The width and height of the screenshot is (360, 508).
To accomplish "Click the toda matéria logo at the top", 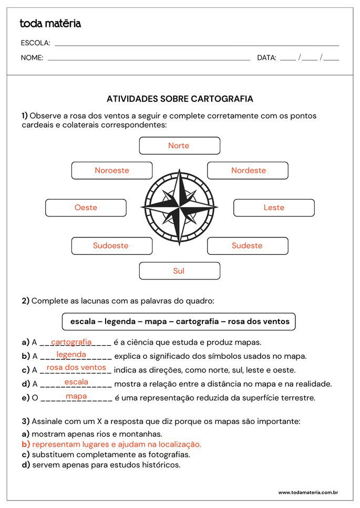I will pos(50,24).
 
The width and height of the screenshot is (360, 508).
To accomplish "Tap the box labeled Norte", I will pos(179,146).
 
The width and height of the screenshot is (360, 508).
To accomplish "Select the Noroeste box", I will pos(112,170).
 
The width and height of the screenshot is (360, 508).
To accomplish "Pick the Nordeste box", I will pos(248,170).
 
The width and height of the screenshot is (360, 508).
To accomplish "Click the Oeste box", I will pos(86,208).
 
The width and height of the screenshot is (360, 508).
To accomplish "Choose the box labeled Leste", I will pos(274,208).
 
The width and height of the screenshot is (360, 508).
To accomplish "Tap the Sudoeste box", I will pos(111,245).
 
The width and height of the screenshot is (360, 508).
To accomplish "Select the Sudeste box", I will pos(248,245).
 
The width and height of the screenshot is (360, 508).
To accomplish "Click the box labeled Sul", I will pos(179,271).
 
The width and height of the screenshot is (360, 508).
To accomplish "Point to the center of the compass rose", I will pos(180,207).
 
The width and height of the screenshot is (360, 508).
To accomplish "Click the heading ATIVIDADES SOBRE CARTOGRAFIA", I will pos(180,99).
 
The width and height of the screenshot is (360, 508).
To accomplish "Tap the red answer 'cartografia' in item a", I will pos(71,342).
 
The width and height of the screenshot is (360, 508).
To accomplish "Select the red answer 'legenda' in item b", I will pos(71,355).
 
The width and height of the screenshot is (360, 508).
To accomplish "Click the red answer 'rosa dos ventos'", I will pos(76,368).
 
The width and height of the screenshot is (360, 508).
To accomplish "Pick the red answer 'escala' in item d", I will pos(76,382).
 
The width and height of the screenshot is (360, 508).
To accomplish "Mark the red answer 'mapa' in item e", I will pos(76,396).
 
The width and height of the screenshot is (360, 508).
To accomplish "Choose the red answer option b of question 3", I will pos(117,444).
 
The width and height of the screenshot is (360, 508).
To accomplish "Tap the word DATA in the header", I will pos(266,58).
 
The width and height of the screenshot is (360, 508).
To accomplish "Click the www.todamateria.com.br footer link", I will pos(308,492).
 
